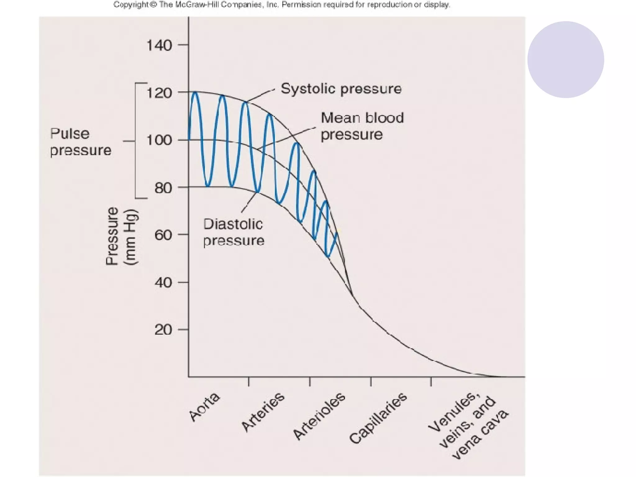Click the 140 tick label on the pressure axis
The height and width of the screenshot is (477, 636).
[x=159, y=46]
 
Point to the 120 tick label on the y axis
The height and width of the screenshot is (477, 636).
[x=159, y=93]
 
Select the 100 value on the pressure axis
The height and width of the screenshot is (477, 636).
[x=159, y=140]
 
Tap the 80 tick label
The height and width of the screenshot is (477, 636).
[x=163, y=188]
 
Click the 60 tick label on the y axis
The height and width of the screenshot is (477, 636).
[x=163, y=235]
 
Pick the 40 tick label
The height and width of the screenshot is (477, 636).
[x=163, y=283]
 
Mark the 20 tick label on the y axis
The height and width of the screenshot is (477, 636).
[x=163, y=330]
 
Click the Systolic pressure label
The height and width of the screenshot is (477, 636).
[x=341, y=89]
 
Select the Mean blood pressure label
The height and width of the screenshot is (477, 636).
[x=362, y=126]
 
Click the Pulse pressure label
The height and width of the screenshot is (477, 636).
[x=80, y=142]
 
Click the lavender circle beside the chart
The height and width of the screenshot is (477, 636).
[x=566, y=60]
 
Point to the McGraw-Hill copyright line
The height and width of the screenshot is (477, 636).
[x=281, y=5]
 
